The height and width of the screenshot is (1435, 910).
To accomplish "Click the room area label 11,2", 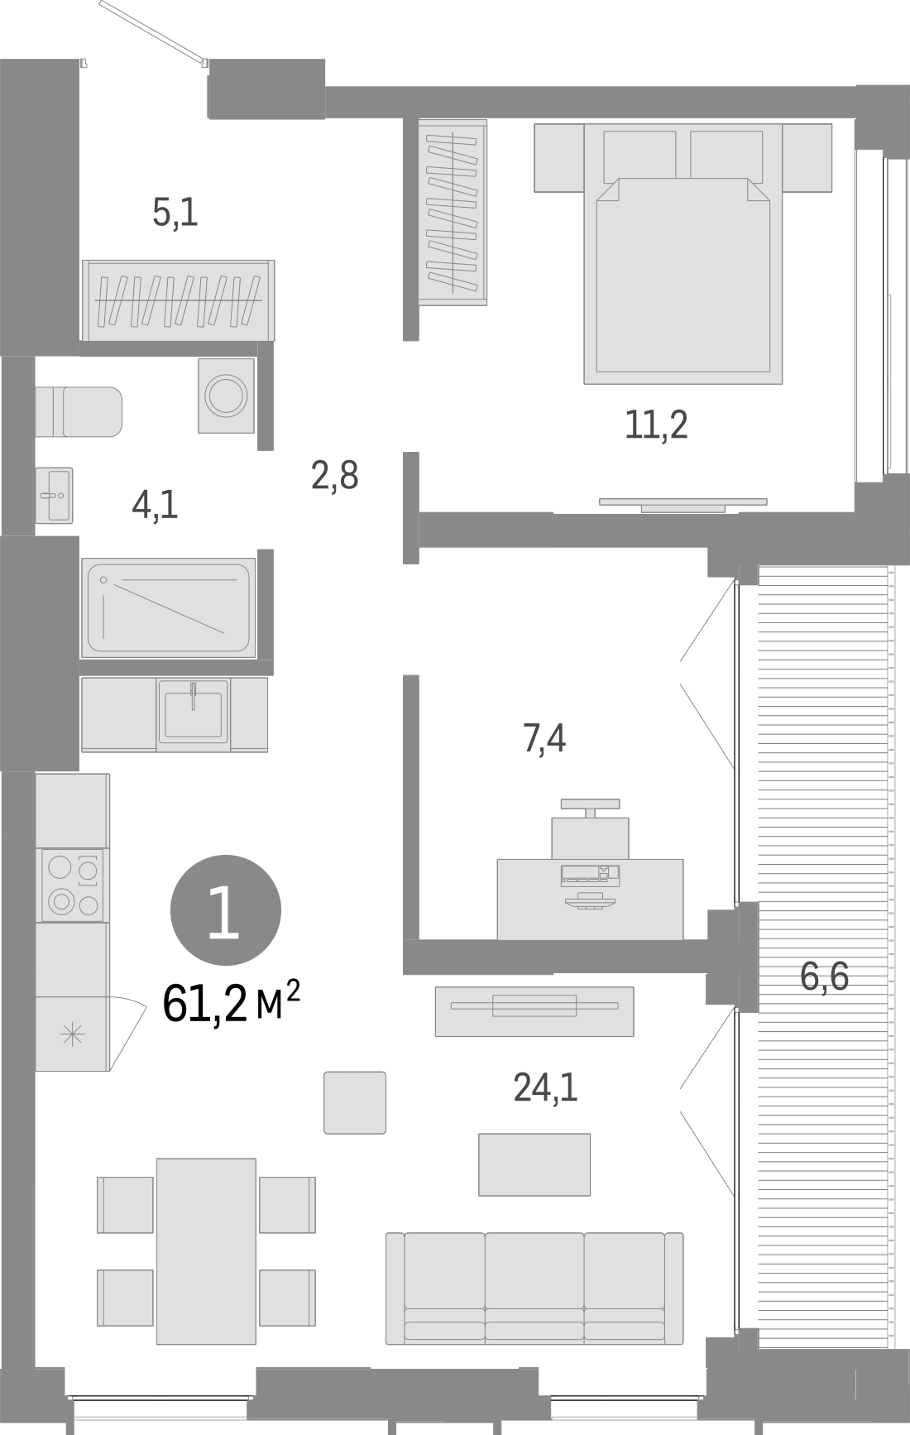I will coord(656,425).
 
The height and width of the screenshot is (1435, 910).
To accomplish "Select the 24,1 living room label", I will coord(545,1087).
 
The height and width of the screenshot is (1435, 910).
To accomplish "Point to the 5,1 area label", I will coord(175,214).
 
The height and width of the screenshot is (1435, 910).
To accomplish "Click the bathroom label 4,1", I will coord(156,504).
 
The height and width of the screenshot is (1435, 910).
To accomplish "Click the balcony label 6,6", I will coord(825,977).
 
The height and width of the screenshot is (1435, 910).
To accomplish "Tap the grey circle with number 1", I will coord(225,910).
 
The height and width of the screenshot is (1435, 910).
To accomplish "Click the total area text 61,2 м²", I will coord(231,1005).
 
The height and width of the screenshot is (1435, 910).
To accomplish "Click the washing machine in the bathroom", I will coord(226,396).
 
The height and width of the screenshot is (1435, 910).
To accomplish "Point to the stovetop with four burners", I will coord(73,885).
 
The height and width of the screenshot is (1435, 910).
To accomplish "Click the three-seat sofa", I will coord(534,1288).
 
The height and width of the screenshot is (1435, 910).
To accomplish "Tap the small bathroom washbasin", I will coord(55,495).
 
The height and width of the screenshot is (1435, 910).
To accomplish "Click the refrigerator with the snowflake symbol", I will coord(72,1034).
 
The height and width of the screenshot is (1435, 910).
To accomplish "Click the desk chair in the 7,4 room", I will coord(590,832).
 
